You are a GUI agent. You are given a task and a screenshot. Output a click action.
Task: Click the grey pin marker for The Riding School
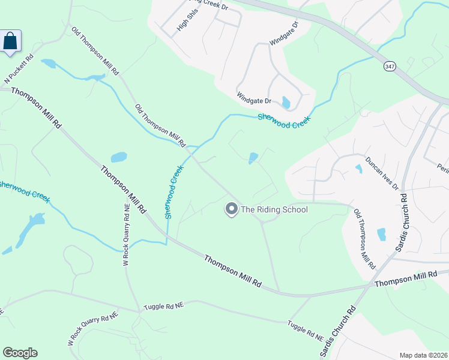(x=231, y=209)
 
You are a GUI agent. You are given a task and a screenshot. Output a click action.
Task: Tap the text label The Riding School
(x=274, y=209)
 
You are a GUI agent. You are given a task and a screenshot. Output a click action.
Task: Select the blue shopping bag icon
(x=11, y=41)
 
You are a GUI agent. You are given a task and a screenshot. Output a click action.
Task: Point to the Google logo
(x=20, y=353)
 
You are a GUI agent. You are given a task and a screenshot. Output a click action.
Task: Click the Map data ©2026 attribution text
(x=423, y=355)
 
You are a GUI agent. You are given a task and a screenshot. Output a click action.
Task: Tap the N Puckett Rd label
(x=19, y=71)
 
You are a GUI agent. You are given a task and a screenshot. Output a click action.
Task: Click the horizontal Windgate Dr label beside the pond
(x=254, y=97)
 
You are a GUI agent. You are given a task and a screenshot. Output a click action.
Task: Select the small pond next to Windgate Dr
(x=286, y=103)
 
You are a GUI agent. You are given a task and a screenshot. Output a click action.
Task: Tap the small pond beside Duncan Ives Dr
(x=359, y=169)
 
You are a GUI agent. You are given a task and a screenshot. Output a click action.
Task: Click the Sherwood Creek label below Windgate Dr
(x=284, y=121)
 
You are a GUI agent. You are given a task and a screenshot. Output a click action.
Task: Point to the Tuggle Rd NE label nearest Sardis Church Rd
(x=305, y=329)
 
